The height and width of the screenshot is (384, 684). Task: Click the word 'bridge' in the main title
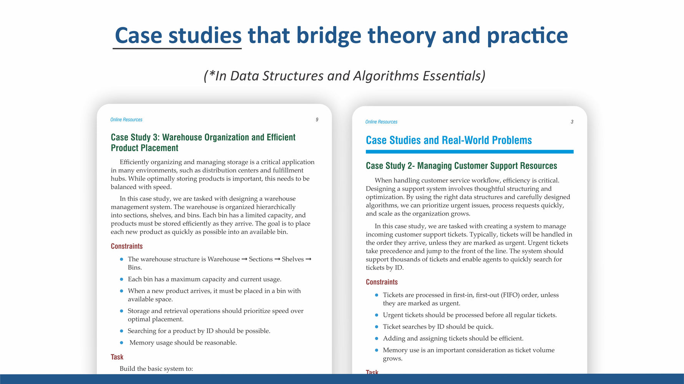click(x=329, y=35)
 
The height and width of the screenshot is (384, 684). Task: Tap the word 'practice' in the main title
click(x=527, y=35)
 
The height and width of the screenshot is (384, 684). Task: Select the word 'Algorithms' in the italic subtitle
click(x=386, y=76)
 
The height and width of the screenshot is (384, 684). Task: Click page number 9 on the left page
click(x=317, y=120)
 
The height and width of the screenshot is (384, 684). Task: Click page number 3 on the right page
click(x=572, y=122)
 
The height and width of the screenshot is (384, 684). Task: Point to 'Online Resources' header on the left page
click(x=126, y=120)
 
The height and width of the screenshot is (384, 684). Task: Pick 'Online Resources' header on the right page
click(x=381, y=122)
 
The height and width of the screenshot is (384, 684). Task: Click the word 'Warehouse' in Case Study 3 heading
click(x=182, y=137)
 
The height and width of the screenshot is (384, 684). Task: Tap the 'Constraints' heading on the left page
click(x=126, y=246)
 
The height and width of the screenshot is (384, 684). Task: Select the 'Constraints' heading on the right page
click(x=382, y=282)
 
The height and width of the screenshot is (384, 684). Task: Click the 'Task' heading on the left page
click(x=117, y=357)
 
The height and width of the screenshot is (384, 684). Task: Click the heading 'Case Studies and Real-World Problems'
click(x=448, y=140)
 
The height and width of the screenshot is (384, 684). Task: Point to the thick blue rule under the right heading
click(x=469, y=152)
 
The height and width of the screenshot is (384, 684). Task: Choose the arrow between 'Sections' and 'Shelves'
click(x=277, y=259)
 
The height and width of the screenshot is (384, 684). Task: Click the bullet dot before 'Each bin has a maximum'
click(x=121, y=279)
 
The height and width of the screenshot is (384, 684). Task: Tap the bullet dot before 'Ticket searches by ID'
click(x=377, y=327)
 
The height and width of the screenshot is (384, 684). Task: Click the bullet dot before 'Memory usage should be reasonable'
click(x=121, y=343)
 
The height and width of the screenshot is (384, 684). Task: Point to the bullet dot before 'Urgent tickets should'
click(x=377, y=315)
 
